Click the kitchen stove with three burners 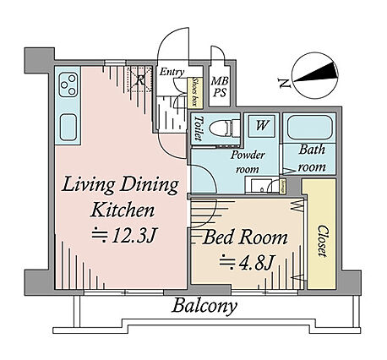[x=68, y=85]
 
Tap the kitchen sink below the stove [x=68, y=127]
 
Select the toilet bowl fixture [x=225, y=129]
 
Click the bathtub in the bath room [x=309, y=128]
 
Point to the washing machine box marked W [x=262, y=126]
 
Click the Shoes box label [x=195, y=93]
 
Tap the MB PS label [x=220, y=87]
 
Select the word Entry [x=172, y=72]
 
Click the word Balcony [x=204, y=306]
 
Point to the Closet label [x=322, y=241]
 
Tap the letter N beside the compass [x=284, y=83]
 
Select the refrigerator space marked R [x=139, y=79]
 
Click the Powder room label [x=248, y=162]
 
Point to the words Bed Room [x=245, y=237]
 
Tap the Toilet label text [x=198, y=128]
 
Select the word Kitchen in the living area [x=123, y=210]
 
